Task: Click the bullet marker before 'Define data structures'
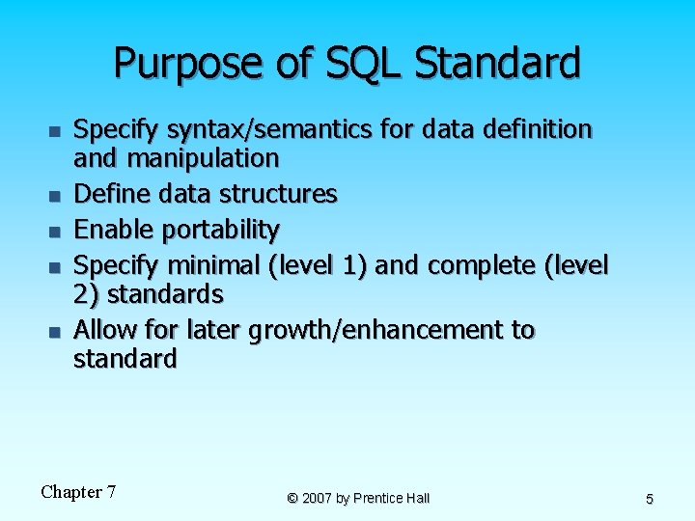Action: pos(54,196)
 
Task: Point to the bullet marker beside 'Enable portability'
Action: pos(54,232)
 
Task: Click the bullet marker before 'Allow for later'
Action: pos(54,332)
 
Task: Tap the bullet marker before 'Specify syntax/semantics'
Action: pos(54,130)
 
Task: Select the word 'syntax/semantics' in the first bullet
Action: pos(245,129)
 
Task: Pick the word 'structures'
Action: pos(286,194)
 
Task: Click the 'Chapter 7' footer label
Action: pos(78,492)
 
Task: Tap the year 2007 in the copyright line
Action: pos(318,498)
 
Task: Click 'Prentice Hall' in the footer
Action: pos(392,498)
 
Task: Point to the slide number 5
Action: pos(649,499)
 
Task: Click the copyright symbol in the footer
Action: pos(292,498)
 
